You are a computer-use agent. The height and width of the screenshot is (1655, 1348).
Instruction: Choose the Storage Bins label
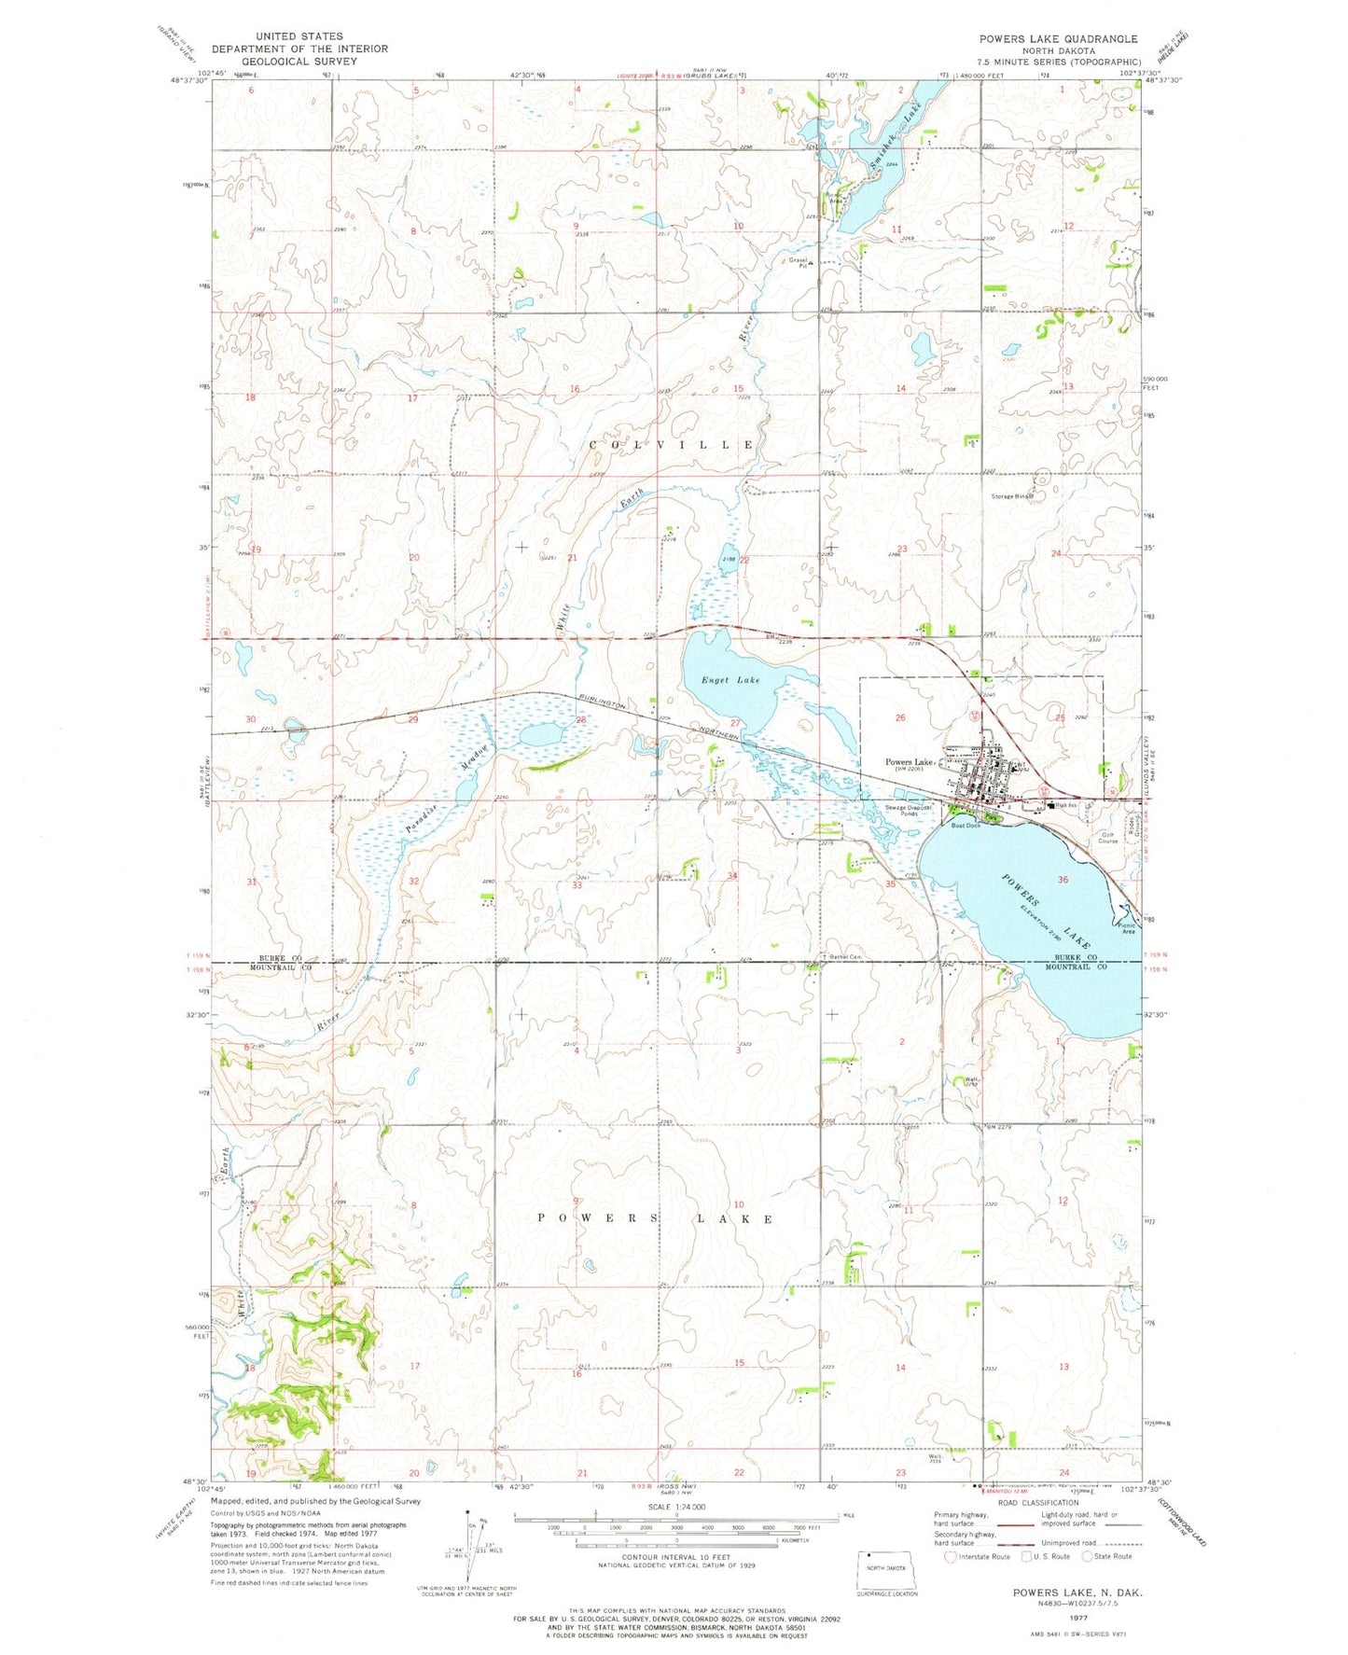1012,496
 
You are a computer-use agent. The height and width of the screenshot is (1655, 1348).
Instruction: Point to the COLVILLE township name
671,445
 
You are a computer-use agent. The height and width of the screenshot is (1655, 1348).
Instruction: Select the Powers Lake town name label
910,761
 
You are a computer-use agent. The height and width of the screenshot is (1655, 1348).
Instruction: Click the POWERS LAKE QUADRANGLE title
1057,38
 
